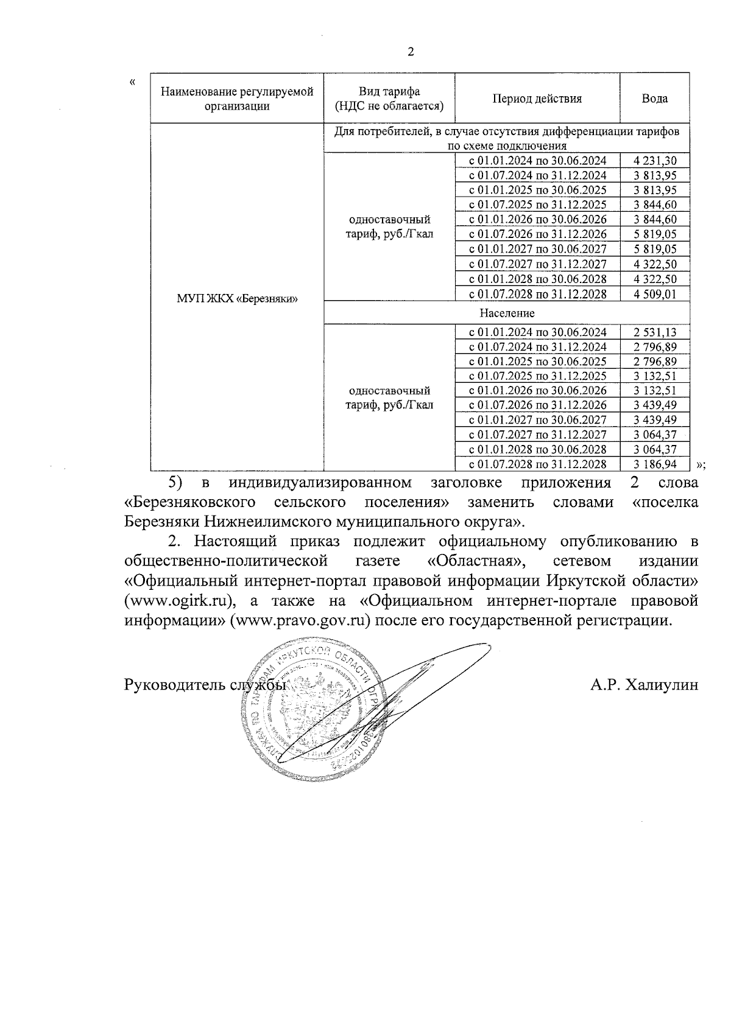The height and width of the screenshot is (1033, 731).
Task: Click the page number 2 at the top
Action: click(x=410, y=52)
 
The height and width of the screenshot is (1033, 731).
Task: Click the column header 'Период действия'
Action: click(x=537, y=99)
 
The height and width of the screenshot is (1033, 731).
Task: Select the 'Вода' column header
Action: click(x=654, y=99)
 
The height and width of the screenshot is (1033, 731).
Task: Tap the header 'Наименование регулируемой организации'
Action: click(x=237, y=99)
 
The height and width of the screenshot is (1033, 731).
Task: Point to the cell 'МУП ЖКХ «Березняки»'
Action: click(x=237, y=298)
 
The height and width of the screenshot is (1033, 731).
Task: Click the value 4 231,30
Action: click(x=655, y=161)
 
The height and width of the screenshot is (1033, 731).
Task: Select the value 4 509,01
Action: click(x=655, y=294)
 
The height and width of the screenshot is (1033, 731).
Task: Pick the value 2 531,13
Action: click(x=655, y=332)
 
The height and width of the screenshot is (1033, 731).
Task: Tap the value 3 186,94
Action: click(x=655, y=464)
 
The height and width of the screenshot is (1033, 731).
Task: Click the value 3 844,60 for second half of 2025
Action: click(x=655, y=205)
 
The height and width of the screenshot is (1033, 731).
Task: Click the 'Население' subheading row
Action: click(x=507, y=313)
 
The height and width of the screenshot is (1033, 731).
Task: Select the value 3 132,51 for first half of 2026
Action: click(x=655, y=390)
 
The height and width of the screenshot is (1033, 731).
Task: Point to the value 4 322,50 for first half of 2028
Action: click(x=655, y=279)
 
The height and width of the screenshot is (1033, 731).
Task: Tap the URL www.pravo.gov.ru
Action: click(x=301, y=621)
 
